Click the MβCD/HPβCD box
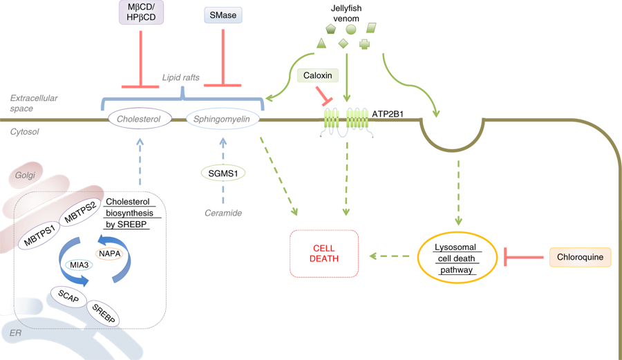[141, 12]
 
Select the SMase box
[223, 15]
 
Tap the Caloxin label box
[318, 75]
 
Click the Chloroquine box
[581, 257]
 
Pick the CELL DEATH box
[324, 254]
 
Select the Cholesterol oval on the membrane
[140, 119]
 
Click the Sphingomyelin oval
[223, 119]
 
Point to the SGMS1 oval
[223, 173]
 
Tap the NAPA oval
[109, 254]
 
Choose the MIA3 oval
[79, 265]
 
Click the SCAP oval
[68, 296]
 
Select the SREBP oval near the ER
[103, 313]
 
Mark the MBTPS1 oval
[39, 236]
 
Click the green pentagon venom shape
[330, 29]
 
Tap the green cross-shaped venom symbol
[364, 44]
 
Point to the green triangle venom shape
[321, 44]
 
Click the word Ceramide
[223, 213]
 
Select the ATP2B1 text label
[388, 114]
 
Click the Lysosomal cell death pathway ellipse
[457, 258]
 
